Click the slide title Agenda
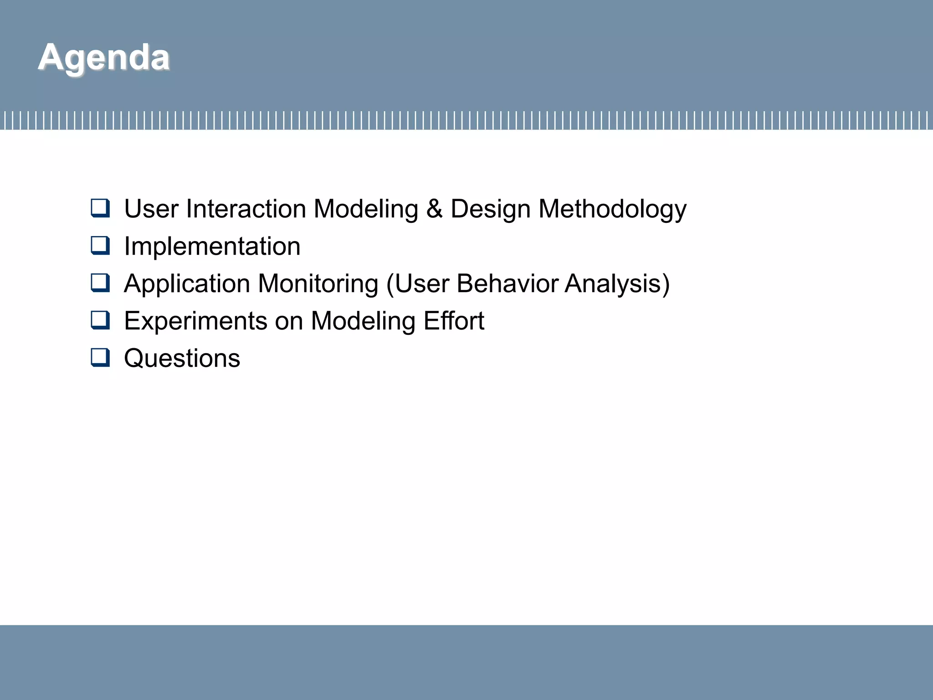point(104,57)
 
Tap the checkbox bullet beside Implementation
point(100,246)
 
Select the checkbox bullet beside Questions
point(100,357)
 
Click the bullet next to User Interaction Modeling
point(100,208)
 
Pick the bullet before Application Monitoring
point(100,283)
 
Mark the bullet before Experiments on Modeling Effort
point(100,320)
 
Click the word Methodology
point(612,209)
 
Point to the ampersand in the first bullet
point(434,209)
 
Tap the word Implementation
point(212,246)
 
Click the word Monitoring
point(318,283)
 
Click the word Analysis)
point(617,283)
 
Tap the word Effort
point(454,321)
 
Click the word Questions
point(182,358)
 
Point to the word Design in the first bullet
point(490,209)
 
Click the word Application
point(187,283)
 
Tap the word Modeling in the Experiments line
point(363,321)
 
